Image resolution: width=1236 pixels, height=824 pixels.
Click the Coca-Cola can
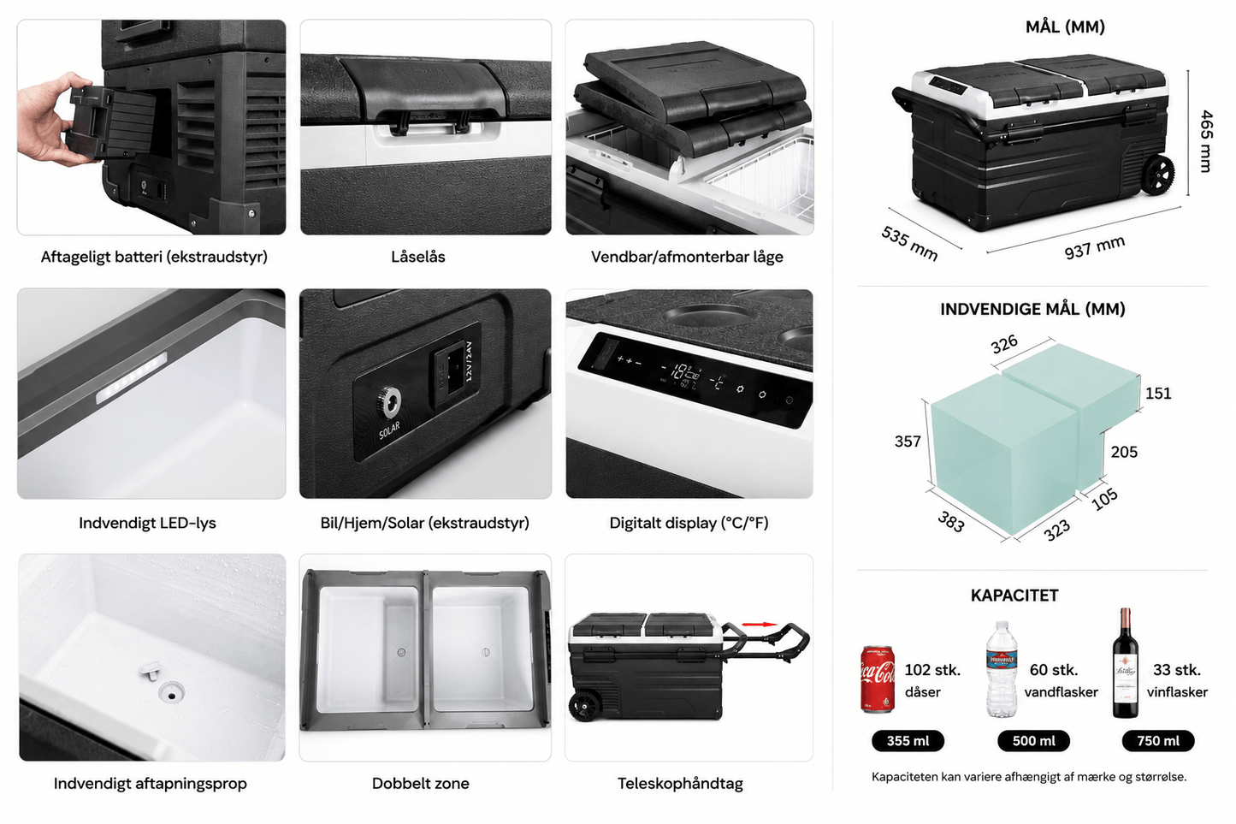[x=878, y=679]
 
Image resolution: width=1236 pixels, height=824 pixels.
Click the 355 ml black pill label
[x=908, y=741]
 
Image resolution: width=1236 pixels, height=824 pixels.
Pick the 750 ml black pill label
[x=1157, y=741]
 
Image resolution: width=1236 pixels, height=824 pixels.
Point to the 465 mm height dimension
[x=1206, y=141]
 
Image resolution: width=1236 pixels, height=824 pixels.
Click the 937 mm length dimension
[x=1094, y=246]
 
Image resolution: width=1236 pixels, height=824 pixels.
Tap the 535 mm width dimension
[x=909, y=243]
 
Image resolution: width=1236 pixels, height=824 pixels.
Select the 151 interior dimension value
[x=1157, y=394]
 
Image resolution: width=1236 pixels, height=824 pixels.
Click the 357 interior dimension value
[x=908, y=442]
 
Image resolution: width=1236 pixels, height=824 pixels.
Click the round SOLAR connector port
[x=389, y=403]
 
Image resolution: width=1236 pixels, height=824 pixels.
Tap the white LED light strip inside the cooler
[x=132, y=378]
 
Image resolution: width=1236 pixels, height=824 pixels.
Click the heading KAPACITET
[x=1014, y=596]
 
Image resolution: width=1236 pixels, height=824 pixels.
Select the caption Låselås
[x=417, y=257]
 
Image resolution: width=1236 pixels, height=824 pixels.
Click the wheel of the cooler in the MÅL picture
[x=1157, y=175]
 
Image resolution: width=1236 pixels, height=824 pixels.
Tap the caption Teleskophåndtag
[x=680, y=783]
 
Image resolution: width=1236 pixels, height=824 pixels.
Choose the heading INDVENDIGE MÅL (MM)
[x=1032, y=309]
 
